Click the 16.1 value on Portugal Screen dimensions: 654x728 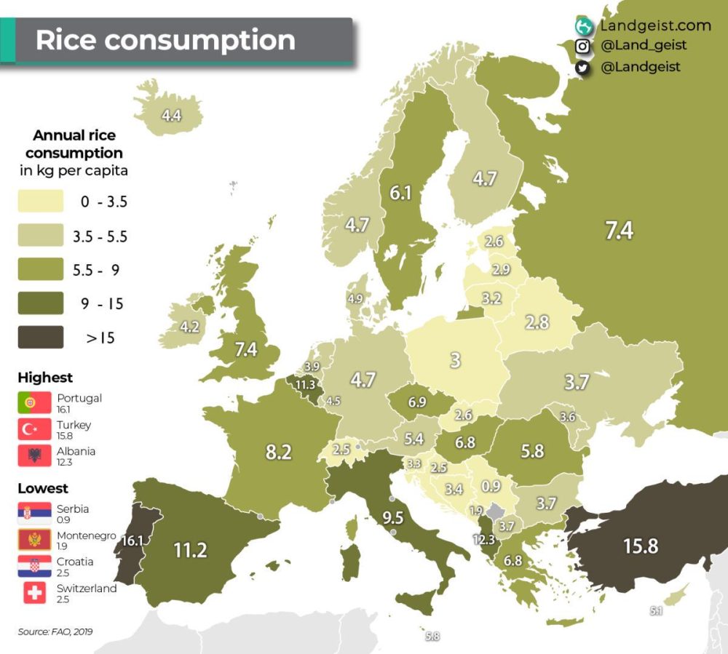(x=132, y=541)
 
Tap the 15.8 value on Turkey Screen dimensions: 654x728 (x=640, y=546)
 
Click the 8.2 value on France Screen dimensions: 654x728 (x=278, y=452)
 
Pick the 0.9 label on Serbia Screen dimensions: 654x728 (x=491, y=485)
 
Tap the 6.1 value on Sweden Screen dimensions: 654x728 (x=400, y=193)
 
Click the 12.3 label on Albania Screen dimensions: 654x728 (x=483, y=540)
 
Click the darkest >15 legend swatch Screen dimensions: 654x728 (x=41, y=337)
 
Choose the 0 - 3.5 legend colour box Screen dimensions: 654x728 (x=41, y=202)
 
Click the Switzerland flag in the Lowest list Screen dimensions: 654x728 (x=35, y=593)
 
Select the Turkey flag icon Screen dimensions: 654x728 (x=35, y=429)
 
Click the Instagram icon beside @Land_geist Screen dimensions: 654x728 (x=582, y=47)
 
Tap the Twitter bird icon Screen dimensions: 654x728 (x=582, y=67)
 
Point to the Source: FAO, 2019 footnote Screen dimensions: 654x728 (x=55, y=631)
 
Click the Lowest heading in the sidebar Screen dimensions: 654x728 (x=43, y=488)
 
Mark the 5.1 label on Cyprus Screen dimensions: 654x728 (x=656, y=612)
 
